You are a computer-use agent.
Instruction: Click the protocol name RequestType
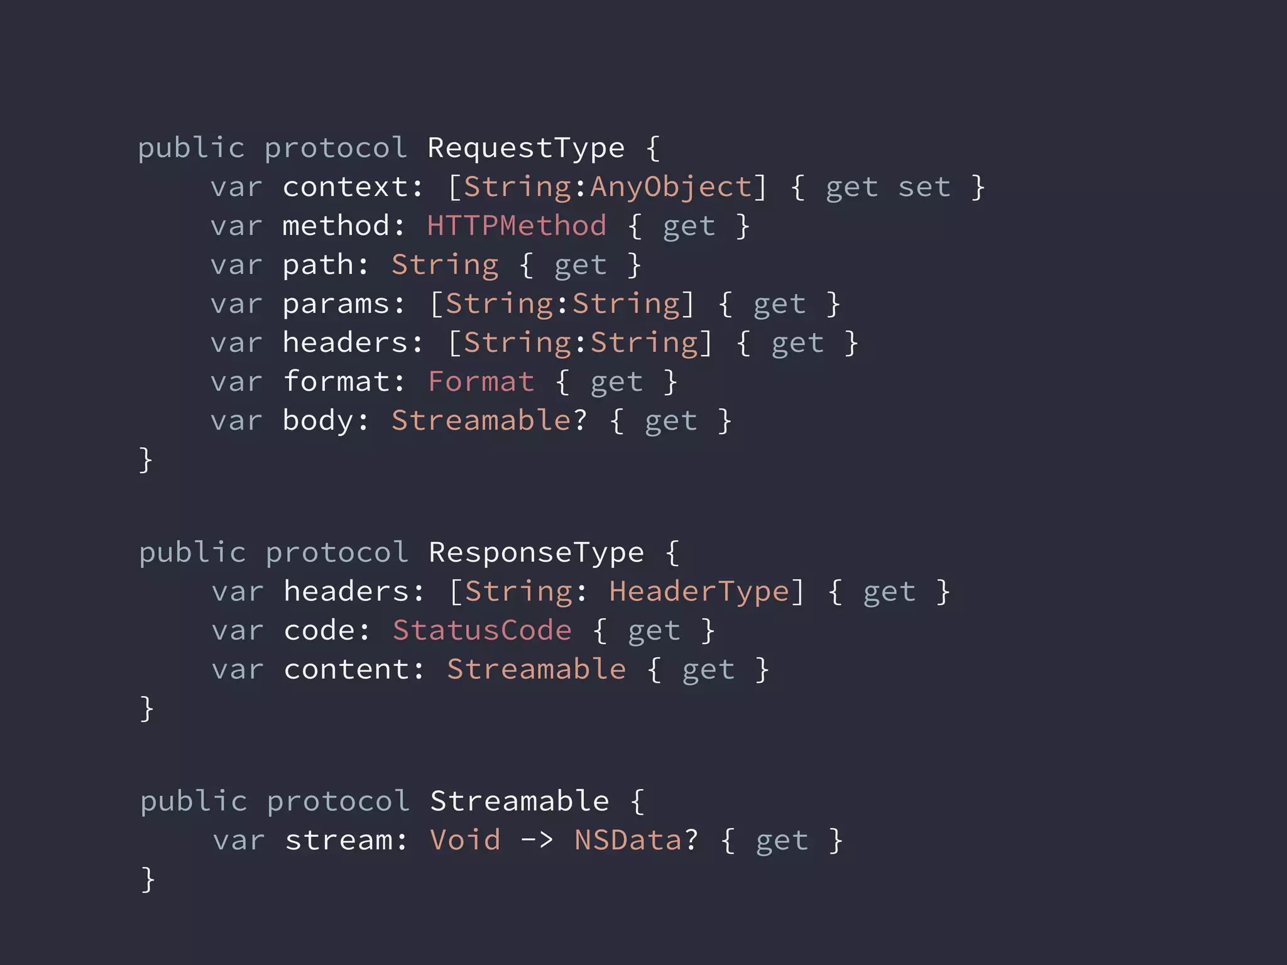coord(526,149)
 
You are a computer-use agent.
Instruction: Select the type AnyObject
coord(670,187)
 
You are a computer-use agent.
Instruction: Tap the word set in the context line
coord(924,187)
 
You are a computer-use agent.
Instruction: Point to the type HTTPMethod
coord(517,226)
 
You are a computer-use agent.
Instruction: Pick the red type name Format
coord(481,382)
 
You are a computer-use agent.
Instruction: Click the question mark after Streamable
coord(579,421)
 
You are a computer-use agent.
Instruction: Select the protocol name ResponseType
coord(536,553)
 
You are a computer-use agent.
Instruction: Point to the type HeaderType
coord(698,592)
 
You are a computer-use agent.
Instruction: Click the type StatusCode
coord(482,631)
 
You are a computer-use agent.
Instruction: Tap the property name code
coord(319,631)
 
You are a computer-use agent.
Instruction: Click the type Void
coord(466,841)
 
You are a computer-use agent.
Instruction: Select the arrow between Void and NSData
coord(537,841)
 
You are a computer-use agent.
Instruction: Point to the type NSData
coord(628,841)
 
